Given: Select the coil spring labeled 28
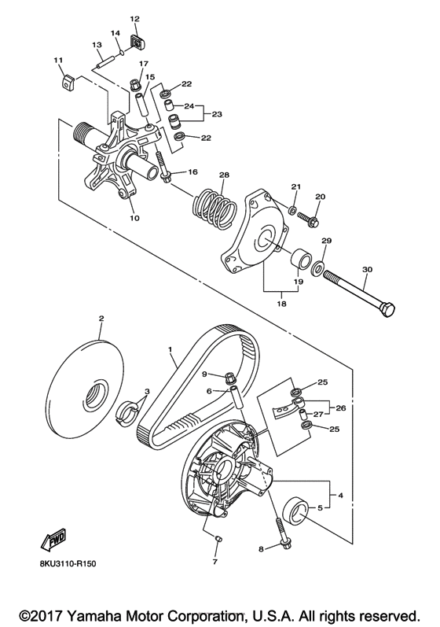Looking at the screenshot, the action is (x=214, y=206).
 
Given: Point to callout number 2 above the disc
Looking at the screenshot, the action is (x=101, y=319).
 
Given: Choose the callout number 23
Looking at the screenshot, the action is (x=217, y=114).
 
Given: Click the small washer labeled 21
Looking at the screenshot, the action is (x=292, y=208).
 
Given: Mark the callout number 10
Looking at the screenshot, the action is (x=134, y=219).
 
